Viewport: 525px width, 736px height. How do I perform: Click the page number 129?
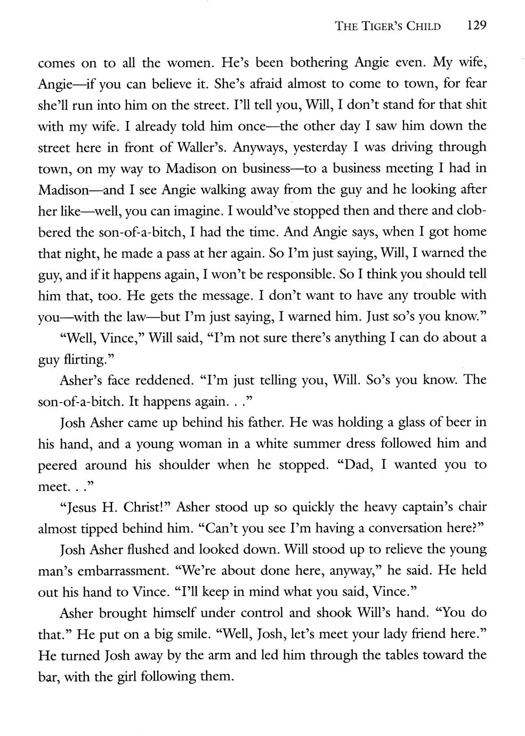(476, 25)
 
